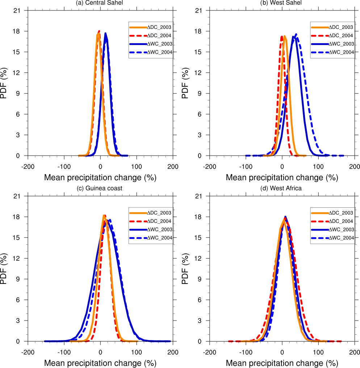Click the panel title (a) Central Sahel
pyautogui.click(x=100, y=3)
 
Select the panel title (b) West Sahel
pyautogui.click(x=282, y=3)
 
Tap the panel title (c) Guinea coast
pyautogui.click(x=100, y=189)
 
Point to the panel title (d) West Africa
pyautogui.click(x=282, y=189)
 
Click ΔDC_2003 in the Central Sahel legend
pyautogui.click(x=159, y=27)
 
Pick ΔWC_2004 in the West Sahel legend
pyautogui.click(x=341, y=52)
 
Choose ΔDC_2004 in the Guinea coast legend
pyautogui.click(x=159, y=221)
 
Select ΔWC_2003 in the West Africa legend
pyautogui.click(x=341, y=230)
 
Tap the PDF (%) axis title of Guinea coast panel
pyautogui.click(x=4, y=268)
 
